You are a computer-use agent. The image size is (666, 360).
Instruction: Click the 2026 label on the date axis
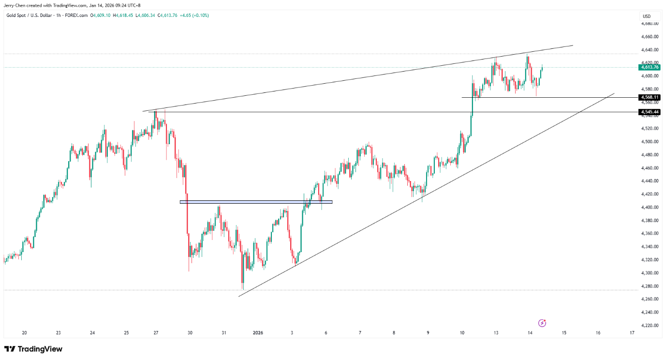pyautogui.click(x=258, y=333)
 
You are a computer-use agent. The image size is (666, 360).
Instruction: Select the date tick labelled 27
pyautogui.click(x=156, y=333)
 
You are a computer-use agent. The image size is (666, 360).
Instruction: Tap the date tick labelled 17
pyautogui.click(x=632, y=333)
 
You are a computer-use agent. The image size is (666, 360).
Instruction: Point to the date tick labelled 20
pyautogui.click(x=24, y=333)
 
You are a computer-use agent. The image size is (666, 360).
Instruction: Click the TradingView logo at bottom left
pyautogui.click(x=33, y=349)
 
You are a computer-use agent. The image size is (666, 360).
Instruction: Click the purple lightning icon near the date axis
pyautogui.click(x=542, y=323)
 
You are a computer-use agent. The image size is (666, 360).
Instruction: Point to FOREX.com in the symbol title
pyautogui.click(x=76, y=15)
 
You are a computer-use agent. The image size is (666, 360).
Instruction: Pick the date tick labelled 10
pyautogui.click(x=462, y=333)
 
